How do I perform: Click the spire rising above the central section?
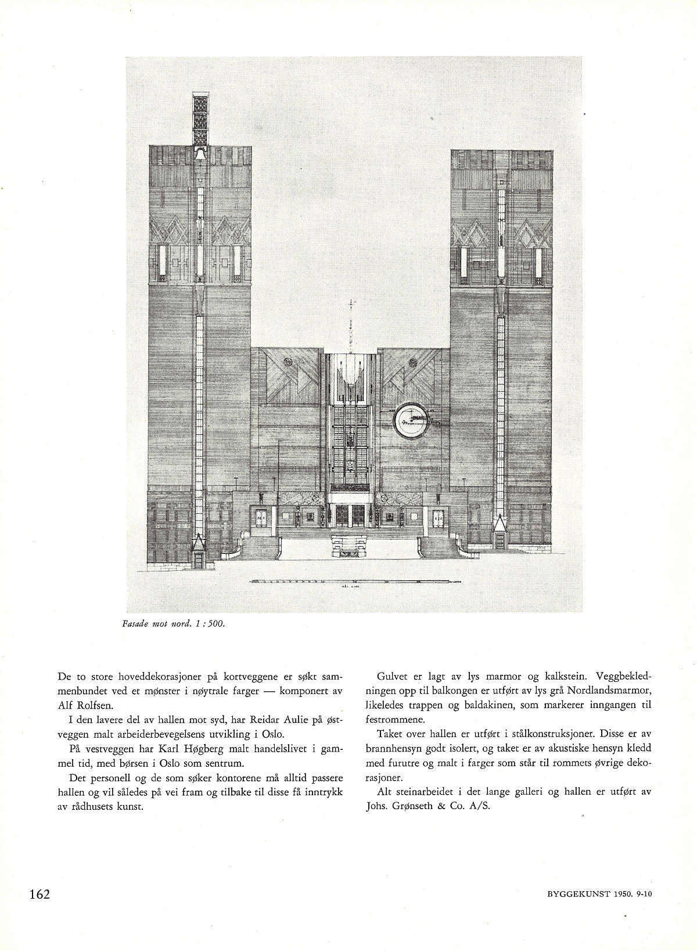[350, 326]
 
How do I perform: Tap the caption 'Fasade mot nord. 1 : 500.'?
[173, 624]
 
